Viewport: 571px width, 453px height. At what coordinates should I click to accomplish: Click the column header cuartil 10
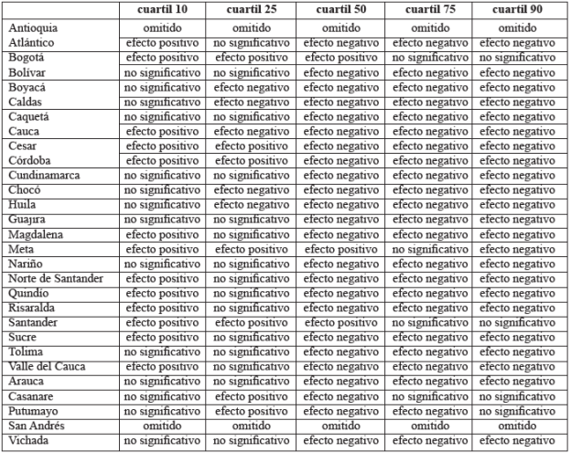coord(162,10)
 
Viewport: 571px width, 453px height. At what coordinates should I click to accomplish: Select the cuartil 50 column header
coord(339,10)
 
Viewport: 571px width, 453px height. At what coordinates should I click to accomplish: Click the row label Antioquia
coord(32,27)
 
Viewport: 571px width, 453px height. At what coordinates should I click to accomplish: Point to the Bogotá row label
coord(28,57)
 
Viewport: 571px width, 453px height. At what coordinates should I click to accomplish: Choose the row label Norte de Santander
coord(55,278)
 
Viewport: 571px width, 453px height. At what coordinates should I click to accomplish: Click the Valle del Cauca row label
coord(48,366)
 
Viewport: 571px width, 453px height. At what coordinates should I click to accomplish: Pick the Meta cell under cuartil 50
coord(339,249)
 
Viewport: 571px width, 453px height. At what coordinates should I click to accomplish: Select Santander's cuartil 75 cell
coord(429,322)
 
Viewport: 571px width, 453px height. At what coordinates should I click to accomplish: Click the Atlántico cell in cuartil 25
coord(251,42)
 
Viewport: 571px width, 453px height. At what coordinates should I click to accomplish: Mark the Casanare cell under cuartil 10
coord(162,396)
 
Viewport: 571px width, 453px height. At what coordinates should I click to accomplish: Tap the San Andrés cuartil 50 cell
coord(339,426)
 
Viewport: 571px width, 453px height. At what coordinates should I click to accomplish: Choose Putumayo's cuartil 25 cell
coord(251,411)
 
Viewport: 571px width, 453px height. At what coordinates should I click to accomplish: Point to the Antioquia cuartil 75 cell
coord(429,27)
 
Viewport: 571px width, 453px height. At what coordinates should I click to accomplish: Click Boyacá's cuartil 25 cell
coord(251,86)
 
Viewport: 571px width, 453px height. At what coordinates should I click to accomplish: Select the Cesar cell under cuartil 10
coord(162,146)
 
